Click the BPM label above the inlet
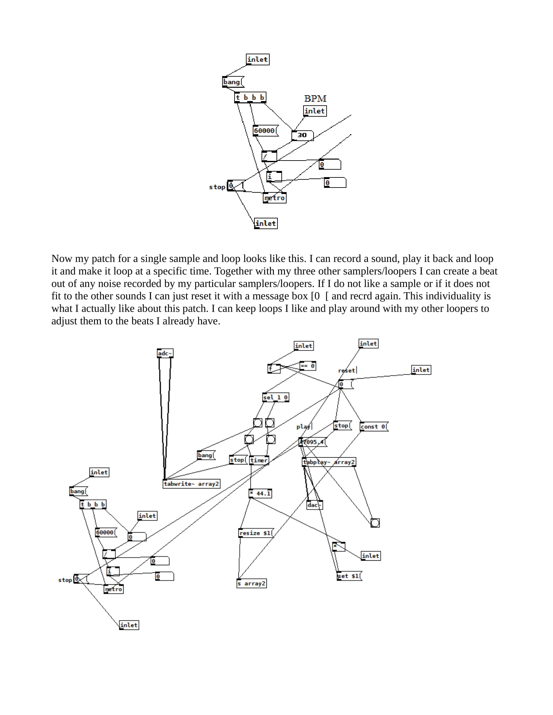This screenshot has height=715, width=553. [315, 98]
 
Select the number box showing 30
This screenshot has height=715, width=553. [303, 135]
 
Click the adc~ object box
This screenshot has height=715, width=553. [165, 353]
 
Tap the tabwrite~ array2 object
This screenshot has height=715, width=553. [191, 484]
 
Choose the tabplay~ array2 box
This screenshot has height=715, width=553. [329, 462]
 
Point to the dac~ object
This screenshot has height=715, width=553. [315, 505]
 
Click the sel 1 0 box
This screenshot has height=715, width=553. [276, 397]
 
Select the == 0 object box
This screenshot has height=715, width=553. [308, 366]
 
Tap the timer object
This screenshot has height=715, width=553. [259, 460]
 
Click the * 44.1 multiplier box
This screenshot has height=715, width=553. [261, 493]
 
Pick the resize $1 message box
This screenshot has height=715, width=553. [256, 533]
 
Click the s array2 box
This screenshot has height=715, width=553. [251, 583]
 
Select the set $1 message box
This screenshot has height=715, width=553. [349, 576]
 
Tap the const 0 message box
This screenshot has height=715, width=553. [374, 427]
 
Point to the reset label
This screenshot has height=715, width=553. [347, 370]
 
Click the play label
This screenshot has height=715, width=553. [303, 427]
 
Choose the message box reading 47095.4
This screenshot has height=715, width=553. [313, 442]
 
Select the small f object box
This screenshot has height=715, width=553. [274, 369]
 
